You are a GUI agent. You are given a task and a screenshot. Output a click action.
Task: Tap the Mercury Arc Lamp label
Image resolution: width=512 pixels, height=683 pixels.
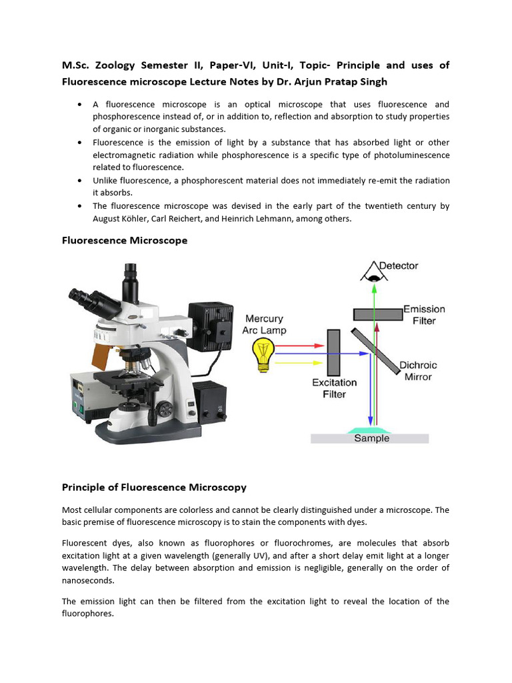(265, 324)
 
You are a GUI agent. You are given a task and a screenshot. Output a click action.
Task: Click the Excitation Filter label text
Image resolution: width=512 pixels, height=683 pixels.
(334, 388)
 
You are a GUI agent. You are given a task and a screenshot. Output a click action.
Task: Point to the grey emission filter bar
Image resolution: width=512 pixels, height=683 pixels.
(377, 314)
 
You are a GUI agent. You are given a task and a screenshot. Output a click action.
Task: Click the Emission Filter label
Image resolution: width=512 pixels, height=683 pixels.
(424, 315)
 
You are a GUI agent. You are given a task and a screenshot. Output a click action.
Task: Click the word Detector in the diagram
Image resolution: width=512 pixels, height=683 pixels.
(398, 265)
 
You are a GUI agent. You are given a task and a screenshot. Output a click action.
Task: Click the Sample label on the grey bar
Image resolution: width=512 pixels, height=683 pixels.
(371, 438)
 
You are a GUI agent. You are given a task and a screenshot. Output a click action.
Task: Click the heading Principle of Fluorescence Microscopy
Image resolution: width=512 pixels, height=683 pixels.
(154, 487)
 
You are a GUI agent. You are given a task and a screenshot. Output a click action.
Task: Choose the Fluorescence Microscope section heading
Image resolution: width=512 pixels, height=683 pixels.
(125, 240)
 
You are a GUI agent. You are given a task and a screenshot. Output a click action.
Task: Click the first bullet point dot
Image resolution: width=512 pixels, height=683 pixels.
(80, 105)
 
